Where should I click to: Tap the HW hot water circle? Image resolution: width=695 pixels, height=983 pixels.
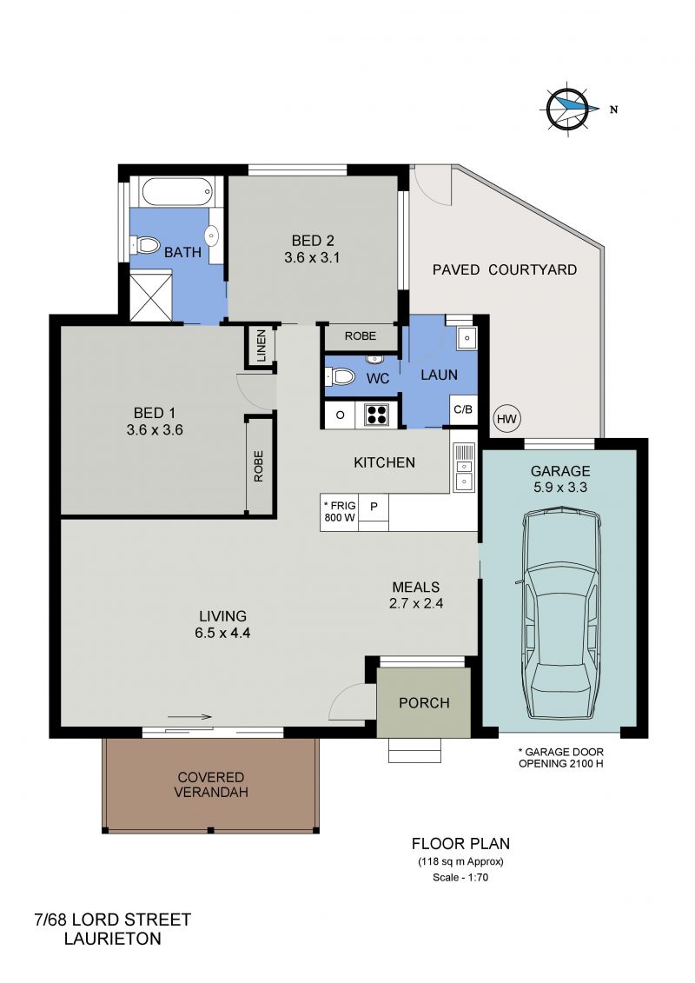(x=507, y=418)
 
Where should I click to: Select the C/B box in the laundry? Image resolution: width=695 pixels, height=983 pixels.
(x=463, y=410)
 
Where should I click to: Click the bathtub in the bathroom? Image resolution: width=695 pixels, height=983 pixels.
(x=177, y=192)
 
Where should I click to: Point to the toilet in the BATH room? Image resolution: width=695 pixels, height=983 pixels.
(x=145, y=244)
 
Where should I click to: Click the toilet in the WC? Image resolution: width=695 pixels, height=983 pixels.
(x=341, y=377)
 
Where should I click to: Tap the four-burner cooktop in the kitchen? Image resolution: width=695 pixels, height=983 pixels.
(x=376, y=415)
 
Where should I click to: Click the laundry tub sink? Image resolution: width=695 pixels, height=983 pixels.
(x=466, y=338)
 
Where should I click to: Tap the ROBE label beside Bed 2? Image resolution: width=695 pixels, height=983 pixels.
(x=361, y=336)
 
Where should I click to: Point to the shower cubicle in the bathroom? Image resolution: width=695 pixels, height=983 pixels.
(x=151, y=296)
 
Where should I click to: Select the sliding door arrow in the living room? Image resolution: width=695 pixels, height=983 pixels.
(x=190, y=717)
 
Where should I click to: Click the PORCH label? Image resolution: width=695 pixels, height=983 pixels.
(x=424, y=703)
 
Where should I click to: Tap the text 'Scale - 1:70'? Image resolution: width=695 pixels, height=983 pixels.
(x=460, y=877)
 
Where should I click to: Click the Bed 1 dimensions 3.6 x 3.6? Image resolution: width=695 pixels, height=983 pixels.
(x=154, y=430)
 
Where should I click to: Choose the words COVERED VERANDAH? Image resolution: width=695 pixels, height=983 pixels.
(x=210, y=784)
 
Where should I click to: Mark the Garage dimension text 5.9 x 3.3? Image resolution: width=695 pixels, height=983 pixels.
(x=560, y=487)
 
